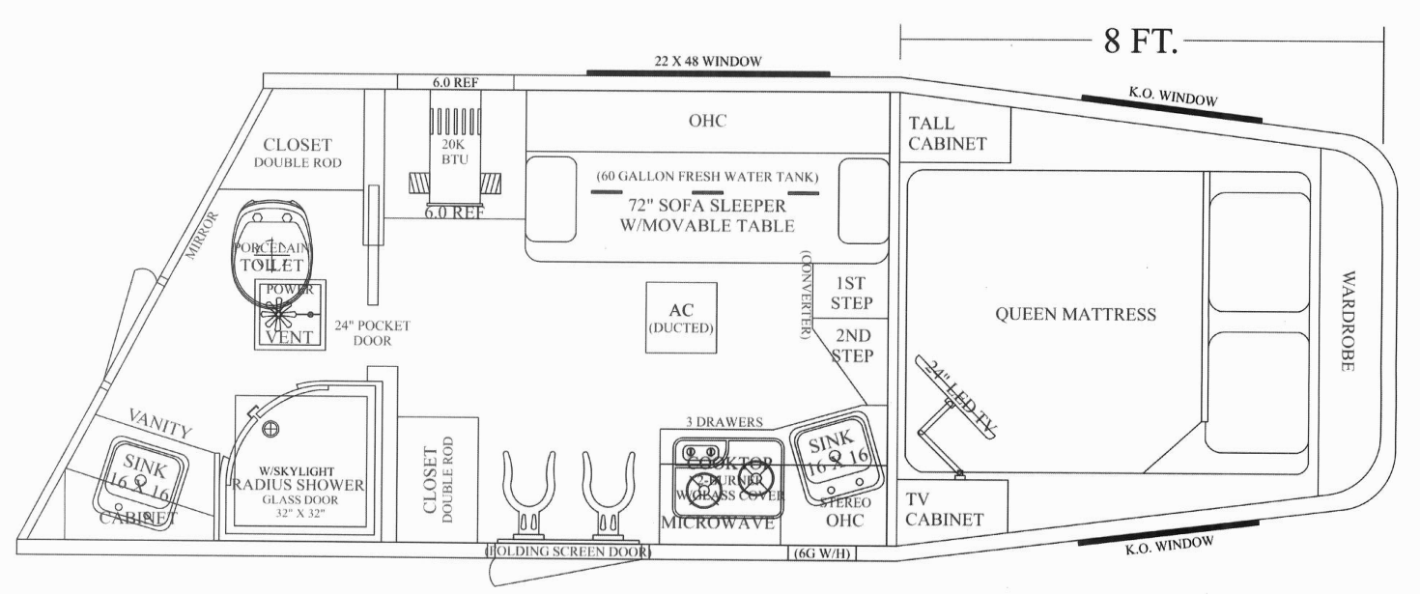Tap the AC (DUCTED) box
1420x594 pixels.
[x=682, y=319]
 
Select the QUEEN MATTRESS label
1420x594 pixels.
[x=1074, y=315]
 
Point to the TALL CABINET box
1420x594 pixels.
[x=948, y=133]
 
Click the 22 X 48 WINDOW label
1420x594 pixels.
[x=706, y=61]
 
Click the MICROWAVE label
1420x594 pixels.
[x=717, y=523]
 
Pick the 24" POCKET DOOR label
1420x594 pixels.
[x=371, y=333]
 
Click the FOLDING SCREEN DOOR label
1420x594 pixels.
[x=567, y=552]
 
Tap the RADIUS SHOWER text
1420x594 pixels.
[x=297, y=485]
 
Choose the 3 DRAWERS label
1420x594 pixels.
[x=725, y=422]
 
